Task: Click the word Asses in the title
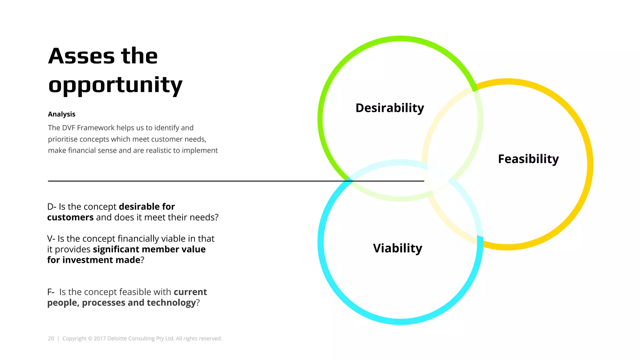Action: [x=82, y=56]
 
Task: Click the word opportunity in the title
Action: [x=115, y=85]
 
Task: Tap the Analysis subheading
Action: [x=62, y=114]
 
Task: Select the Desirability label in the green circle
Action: [x=390, y=108]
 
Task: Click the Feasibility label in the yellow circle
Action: [x=528, y=159]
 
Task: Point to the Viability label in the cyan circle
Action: [x=397, y=248]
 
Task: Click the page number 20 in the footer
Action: [x=51, y=338]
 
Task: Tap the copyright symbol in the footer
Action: [x=90, y=338]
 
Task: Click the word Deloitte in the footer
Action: [x=117, y=338]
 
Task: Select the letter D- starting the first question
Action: [x=52, y=207]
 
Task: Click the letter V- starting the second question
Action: [x=51, y=238]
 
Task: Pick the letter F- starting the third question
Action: [x=51, y=292]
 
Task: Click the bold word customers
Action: [x=70, y=217]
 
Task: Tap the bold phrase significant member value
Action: [x=149, y=249]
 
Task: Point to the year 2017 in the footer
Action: [x=100, y=338]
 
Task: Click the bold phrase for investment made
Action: [x=94, y=260]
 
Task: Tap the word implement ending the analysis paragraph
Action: [x=200, y=151]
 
